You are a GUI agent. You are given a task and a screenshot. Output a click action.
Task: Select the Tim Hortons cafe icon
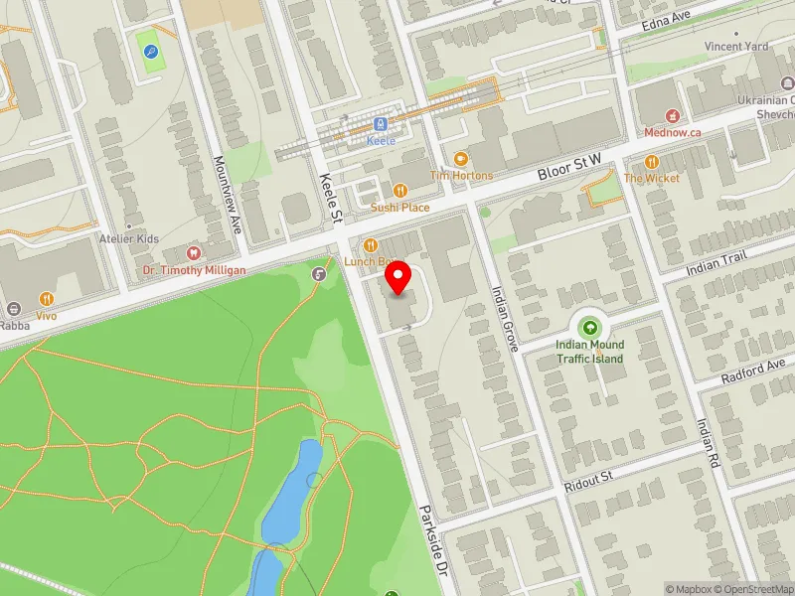coord(460,159)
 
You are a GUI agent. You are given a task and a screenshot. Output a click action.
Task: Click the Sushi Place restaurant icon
coord(400,191)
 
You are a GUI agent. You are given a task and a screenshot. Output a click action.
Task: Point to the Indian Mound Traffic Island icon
coord(590,326)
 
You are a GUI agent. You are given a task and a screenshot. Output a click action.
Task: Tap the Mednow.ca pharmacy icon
coord(673,115)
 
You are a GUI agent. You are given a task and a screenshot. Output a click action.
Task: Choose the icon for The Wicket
coord(652,161)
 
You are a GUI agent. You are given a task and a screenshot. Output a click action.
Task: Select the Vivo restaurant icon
coord(47,299)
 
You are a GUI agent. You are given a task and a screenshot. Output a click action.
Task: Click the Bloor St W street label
coord(571,167)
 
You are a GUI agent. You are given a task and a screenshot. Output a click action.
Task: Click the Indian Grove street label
coord(506,319)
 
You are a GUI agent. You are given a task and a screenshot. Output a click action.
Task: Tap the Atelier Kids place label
coord(128,239)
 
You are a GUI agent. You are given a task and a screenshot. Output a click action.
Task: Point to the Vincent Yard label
coord(736,47)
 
